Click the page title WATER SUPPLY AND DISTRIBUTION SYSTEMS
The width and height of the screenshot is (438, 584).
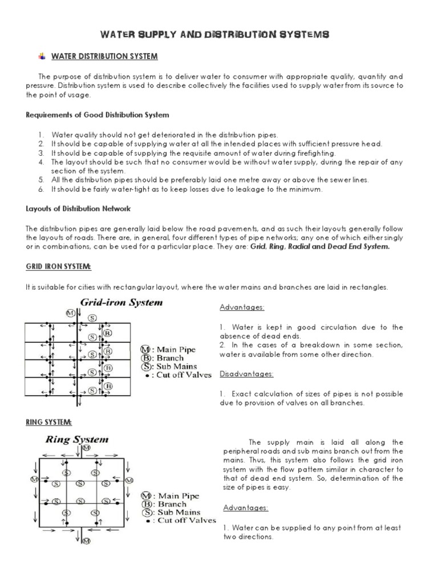point(214,35)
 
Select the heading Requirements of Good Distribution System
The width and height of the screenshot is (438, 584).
point(98,115)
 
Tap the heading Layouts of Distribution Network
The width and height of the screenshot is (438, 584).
point(79,208)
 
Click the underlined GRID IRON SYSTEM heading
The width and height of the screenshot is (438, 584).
point(58,267)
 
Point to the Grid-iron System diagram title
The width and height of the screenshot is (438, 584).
point(121,303)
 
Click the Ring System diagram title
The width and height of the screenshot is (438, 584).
point(76,440)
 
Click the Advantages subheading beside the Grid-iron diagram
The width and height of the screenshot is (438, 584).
point(242,307)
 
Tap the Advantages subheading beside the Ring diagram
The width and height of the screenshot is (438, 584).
point(245,508)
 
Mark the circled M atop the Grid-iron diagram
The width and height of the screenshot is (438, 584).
point(70,313)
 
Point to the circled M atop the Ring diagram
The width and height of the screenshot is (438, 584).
point(86,449)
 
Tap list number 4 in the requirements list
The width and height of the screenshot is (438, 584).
point(42,162)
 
